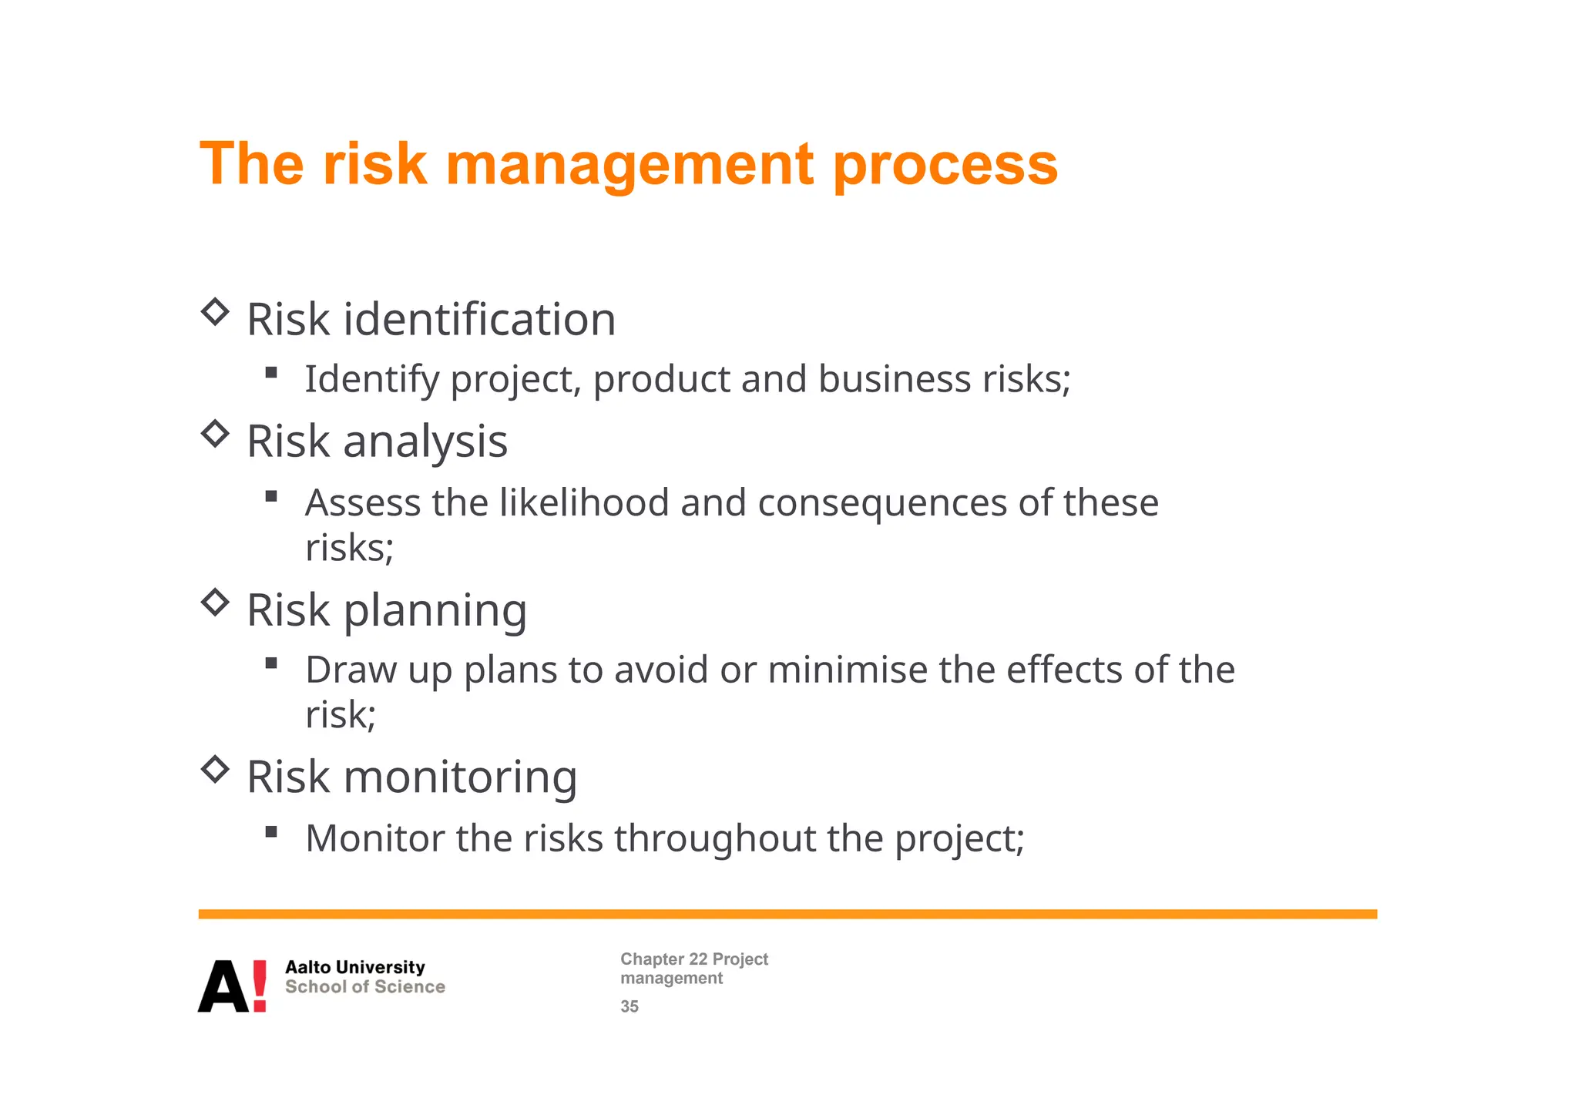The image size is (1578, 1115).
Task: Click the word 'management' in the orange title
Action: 630,166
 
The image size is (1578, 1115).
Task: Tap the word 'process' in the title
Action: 945,166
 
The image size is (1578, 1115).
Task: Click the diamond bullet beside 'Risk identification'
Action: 215,312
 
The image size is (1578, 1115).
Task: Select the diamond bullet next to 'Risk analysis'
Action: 215,434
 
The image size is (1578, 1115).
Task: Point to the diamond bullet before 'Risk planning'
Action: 215,602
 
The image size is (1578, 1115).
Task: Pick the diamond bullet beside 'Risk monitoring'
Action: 215,769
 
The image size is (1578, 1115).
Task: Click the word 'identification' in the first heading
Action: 479,319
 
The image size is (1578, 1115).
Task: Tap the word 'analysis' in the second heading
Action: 425,442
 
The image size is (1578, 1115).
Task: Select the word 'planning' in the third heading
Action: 435,611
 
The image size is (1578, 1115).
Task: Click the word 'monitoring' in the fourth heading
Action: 460,777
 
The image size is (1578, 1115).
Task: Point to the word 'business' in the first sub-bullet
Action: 895,379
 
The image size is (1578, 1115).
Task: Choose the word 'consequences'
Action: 882,503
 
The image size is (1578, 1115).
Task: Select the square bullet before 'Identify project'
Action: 270,373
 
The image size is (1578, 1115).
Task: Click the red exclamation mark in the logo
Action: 260,986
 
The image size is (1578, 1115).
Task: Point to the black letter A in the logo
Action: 223,987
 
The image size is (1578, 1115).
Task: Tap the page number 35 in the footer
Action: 630,1006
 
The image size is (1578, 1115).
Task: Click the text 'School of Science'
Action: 365,987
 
